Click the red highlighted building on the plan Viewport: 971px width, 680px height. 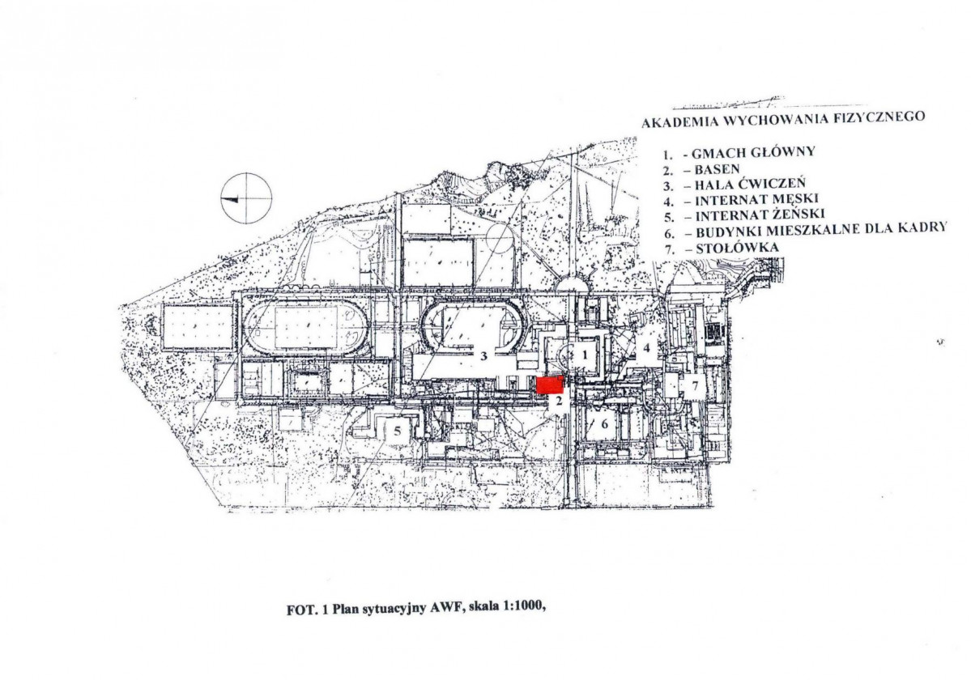point(550,385)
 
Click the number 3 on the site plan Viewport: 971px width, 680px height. point(485,355)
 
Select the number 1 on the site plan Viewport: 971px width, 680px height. point(584,355)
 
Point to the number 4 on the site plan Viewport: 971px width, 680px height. point(646,348)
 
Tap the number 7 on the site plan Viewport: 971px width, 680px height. point(695,385)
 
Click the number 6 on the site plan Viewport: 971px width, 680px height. point(604,424)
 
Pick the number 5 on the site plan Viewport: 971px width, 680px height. point(398,431)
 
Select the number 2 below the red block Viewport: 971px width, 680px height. point(558,401)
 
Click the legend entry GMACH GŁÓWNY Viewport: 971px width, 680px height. point(753,152)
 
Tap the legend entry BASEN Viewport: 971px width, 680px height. point(717,168)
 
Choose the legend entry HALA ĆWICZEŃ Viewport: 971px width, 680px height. point(750,184)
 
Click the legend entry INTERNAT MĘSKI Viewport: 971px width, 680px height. point(756,199)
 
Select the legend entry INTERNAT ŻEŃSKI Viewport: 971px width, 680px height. point(760,215)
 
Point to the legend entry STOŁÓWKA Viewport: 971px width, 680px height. point(738,248)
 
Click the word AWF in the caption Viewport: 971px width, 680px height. point(444,608)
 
